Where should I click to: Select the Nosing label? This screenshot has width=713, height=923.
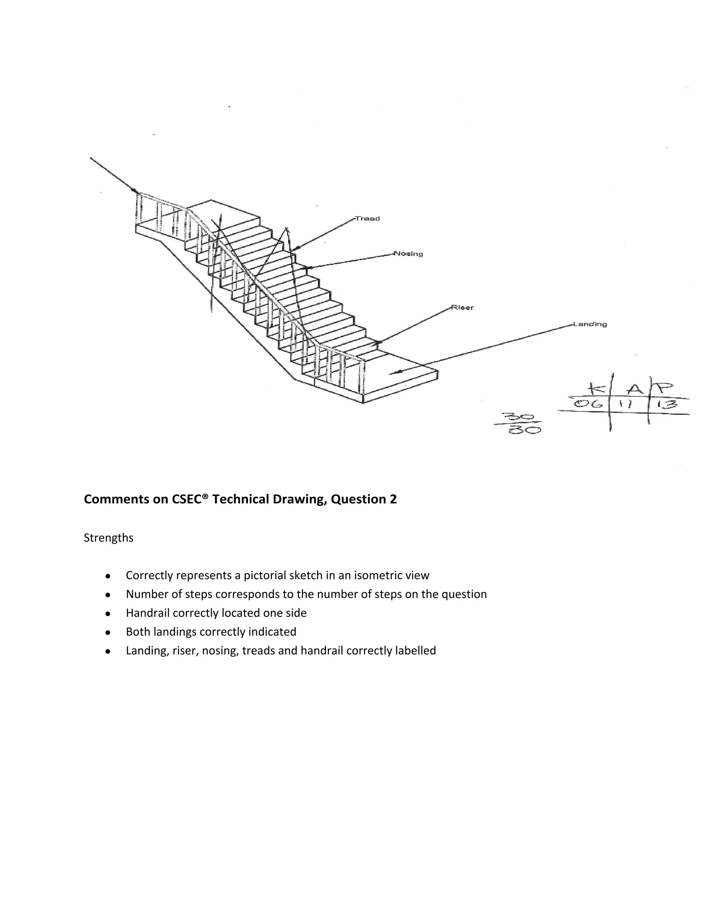click(408, 254)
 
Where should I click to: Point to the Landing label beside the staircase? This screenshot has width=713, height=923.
click(590, 324)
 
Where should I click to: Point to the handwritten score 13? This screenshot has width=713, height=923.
click(667, 404)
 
